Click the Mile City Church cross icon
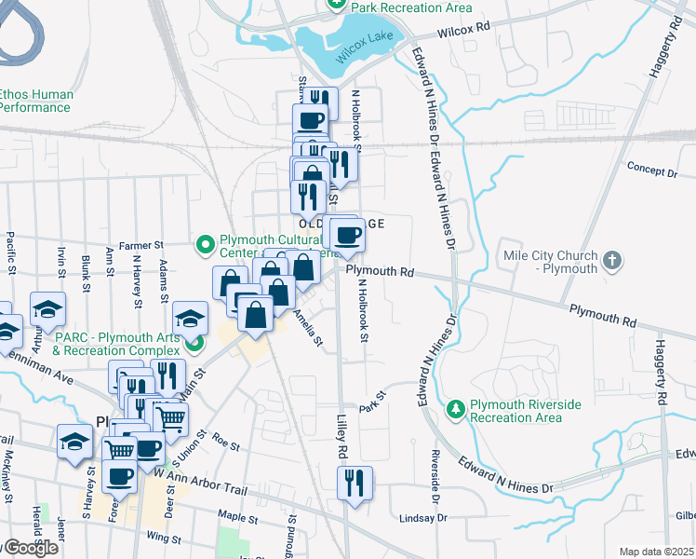[611, 262]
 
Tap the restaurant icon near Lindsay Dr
[355, 484]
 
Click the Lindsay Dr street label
[423, 518]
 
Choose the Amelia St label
[308, 329]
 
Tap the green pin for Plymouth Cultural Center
[205, 244]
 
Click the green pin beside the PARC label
[194, 344]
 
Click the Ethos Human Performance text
[34, 101]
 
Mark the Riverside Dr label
[435, 470]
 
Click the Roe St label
[225, 442]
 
